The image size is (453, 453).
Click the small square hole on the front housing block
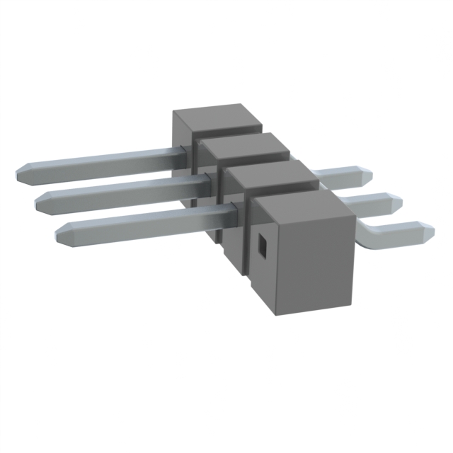coord(261,245)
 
